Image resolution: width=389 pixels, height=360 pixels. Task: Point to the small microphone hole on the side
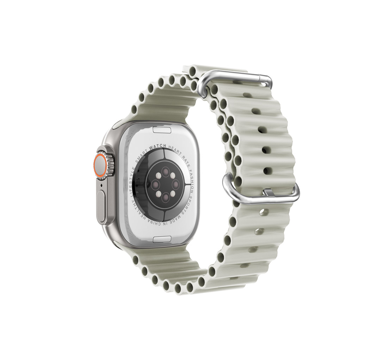coord(102,185)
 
